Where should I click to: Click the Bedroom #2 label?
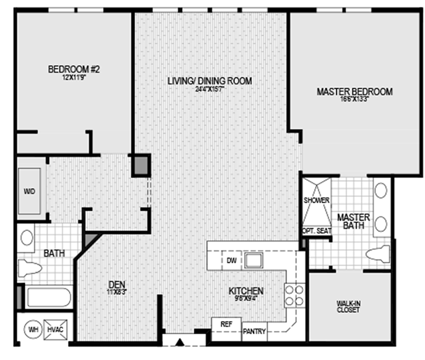74,70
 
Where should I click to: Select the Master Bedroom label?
354,91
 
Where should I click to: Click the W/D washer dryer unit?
29,190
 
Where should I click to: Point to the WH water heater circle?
33,330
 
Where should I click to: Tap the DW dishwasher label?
232,261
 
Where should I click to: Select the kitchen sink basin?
254,261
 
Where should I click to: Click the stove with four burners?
294,296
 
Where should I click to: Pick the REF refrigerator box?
226,324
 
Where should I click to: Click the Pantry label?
254,331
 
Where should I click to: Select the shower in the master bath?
316,200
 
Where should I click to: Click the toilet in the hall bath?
30,267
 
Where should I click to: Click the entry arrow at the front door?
181,342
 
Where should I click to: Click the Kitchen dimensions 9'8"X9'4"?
246,299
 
